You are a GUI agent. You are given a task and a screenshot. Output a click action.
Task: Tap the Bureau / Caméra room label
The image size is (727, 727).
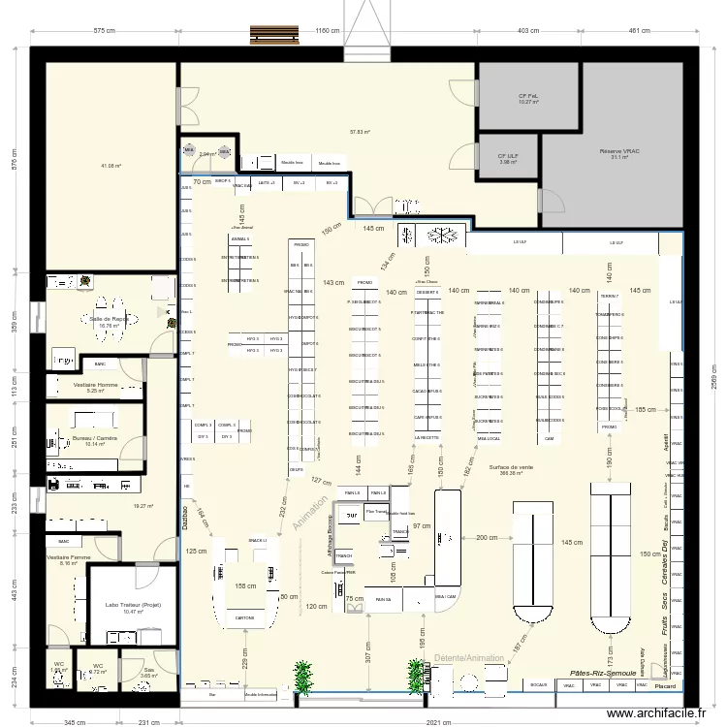(x=94, y=438)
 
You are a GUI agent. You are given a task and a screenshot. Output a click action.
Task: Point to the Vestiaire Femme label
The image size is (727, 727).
(x=68, y=557)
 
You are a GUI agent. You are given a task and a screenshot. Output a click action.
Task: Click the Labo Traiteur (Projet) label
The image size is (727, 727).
(x=133, y=606)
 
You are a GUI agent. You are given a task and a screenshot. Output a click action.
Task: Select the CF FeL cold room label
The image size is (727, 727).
(x=527, y=96)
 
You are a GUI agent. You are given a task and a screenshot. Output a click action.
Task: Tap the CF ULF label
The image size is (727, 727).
(x=508, y=156)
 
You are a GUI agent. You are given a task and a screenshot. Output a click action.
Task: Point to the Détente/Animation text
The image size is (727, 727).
(x=469, y=658)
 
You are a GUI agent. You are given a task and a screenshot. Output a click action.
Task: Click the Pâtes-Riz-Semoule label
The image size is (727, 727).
(x=603, y=672)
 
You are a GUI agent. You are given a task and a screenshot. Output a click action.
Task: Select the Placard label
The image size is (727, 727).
(x=665, y=685)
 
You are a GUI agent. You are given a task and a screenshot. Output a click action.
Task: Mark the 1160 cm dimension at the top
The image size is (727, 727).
(x=328, y=31)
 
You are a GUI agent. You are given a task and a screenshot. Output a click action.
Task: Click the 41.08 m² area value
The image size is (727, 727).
(x=110, y=166)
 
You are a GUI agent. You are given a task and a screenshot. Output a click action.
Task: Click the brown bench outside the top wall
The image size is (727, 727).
(x=273, y=34)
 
